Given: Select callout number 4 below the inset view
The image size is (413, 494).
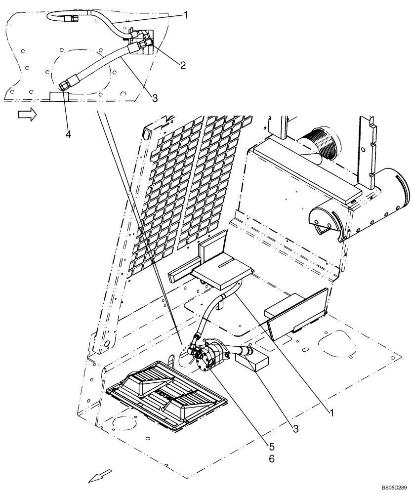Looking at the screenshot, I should [68, 134].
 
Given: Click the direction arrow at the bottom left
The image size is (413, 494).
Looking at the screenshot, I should [96, 476].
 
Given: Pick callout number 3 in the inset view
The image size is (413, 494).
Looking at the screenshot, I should [155, 98].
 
